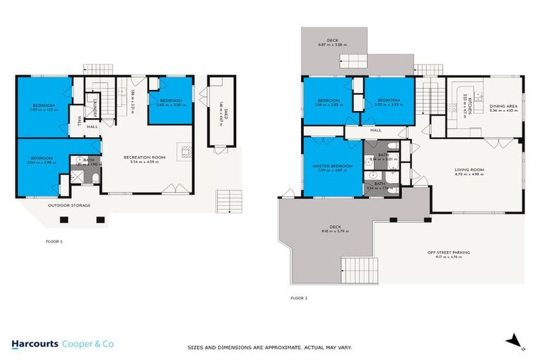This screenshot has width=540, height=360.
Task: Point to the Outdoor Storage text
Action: click(70, 206)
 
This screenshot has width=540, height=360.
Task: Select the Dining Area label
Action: click(503, 106)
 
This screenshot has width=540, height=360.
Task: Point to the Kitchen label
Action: click(465, 104)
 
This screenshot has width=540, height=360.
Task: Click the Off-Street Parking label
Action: click(449, 252)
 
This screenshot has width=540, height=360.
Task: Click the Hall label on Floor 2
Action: click(375, 130)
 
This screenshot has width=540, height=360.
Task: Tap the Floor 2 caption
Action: click(298, 297)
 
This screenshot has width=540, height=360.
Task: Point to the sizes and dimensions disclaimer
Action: click(269, 347)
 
